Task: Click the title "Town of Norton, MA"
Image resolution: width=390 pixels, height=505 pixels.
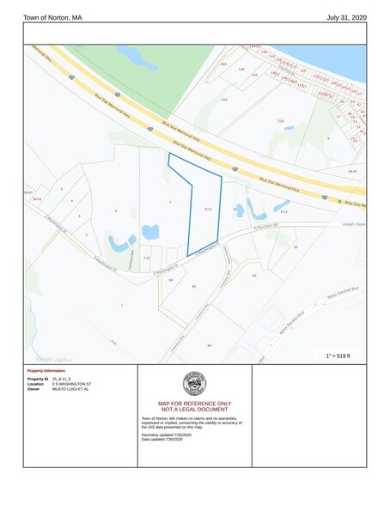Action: tap(52, 17)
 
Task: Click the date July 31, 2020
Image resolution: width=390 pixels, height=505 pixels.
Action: tap(346, 17)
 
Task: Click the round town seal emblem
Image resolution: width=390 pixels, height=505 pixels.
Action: tap(194, 384)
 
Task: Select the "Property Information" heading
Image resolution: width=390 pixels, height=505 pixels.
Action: tap(47, 370)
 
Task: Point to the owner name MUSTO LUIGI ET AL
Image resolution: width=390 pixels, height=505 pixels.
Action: tap(70, 389)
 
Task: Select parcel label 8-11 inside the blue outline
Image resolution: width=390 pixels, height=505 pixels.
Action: tap(209, 209)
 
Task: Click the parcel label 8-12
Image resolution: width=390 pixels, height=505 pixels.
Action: tap(283, 210)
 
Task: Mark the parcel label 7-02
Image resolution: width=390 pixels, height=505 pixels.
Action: tap(146, 258)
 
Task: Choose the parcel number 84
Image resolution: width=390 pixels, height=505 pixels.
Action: tap(209, 345)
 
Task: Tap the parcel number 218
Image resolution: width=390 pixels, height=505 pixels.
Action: tap(224, 100)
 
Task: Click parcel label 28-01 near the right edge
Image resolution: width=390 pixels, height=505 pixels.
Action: tap(352, 172)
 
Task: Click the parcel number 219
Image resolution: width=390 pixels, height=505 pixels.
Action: tap(280, 121)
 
